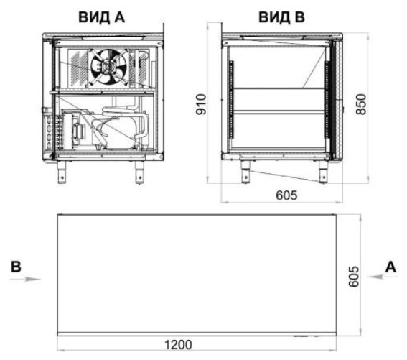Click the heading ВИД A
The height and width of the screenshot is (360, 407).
click(x=101, y=17)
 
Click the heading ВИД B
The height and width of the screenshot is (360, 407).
click(x=281, y=17)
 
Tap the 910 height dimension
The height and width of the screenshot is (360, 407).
click(x=201, y=104)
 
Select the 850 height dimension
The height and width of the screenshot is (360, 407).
click(x=361, y=104)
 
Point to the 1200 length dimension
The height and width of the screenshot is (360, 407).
click(x=179, y=345)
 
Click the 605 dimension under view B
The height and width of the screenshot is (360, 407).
click(x=286, y=195)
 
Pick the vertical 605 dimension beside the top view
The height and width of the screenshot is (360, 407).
click(x=354, y=277)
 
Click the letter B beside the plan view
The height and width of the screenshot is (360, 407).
click(x=16, y=267)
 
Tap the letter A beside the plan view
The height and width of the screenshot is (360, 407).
click(x=390, y=267)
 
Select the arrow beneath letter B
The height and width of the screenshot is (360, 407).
click(x=25, y=280)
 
